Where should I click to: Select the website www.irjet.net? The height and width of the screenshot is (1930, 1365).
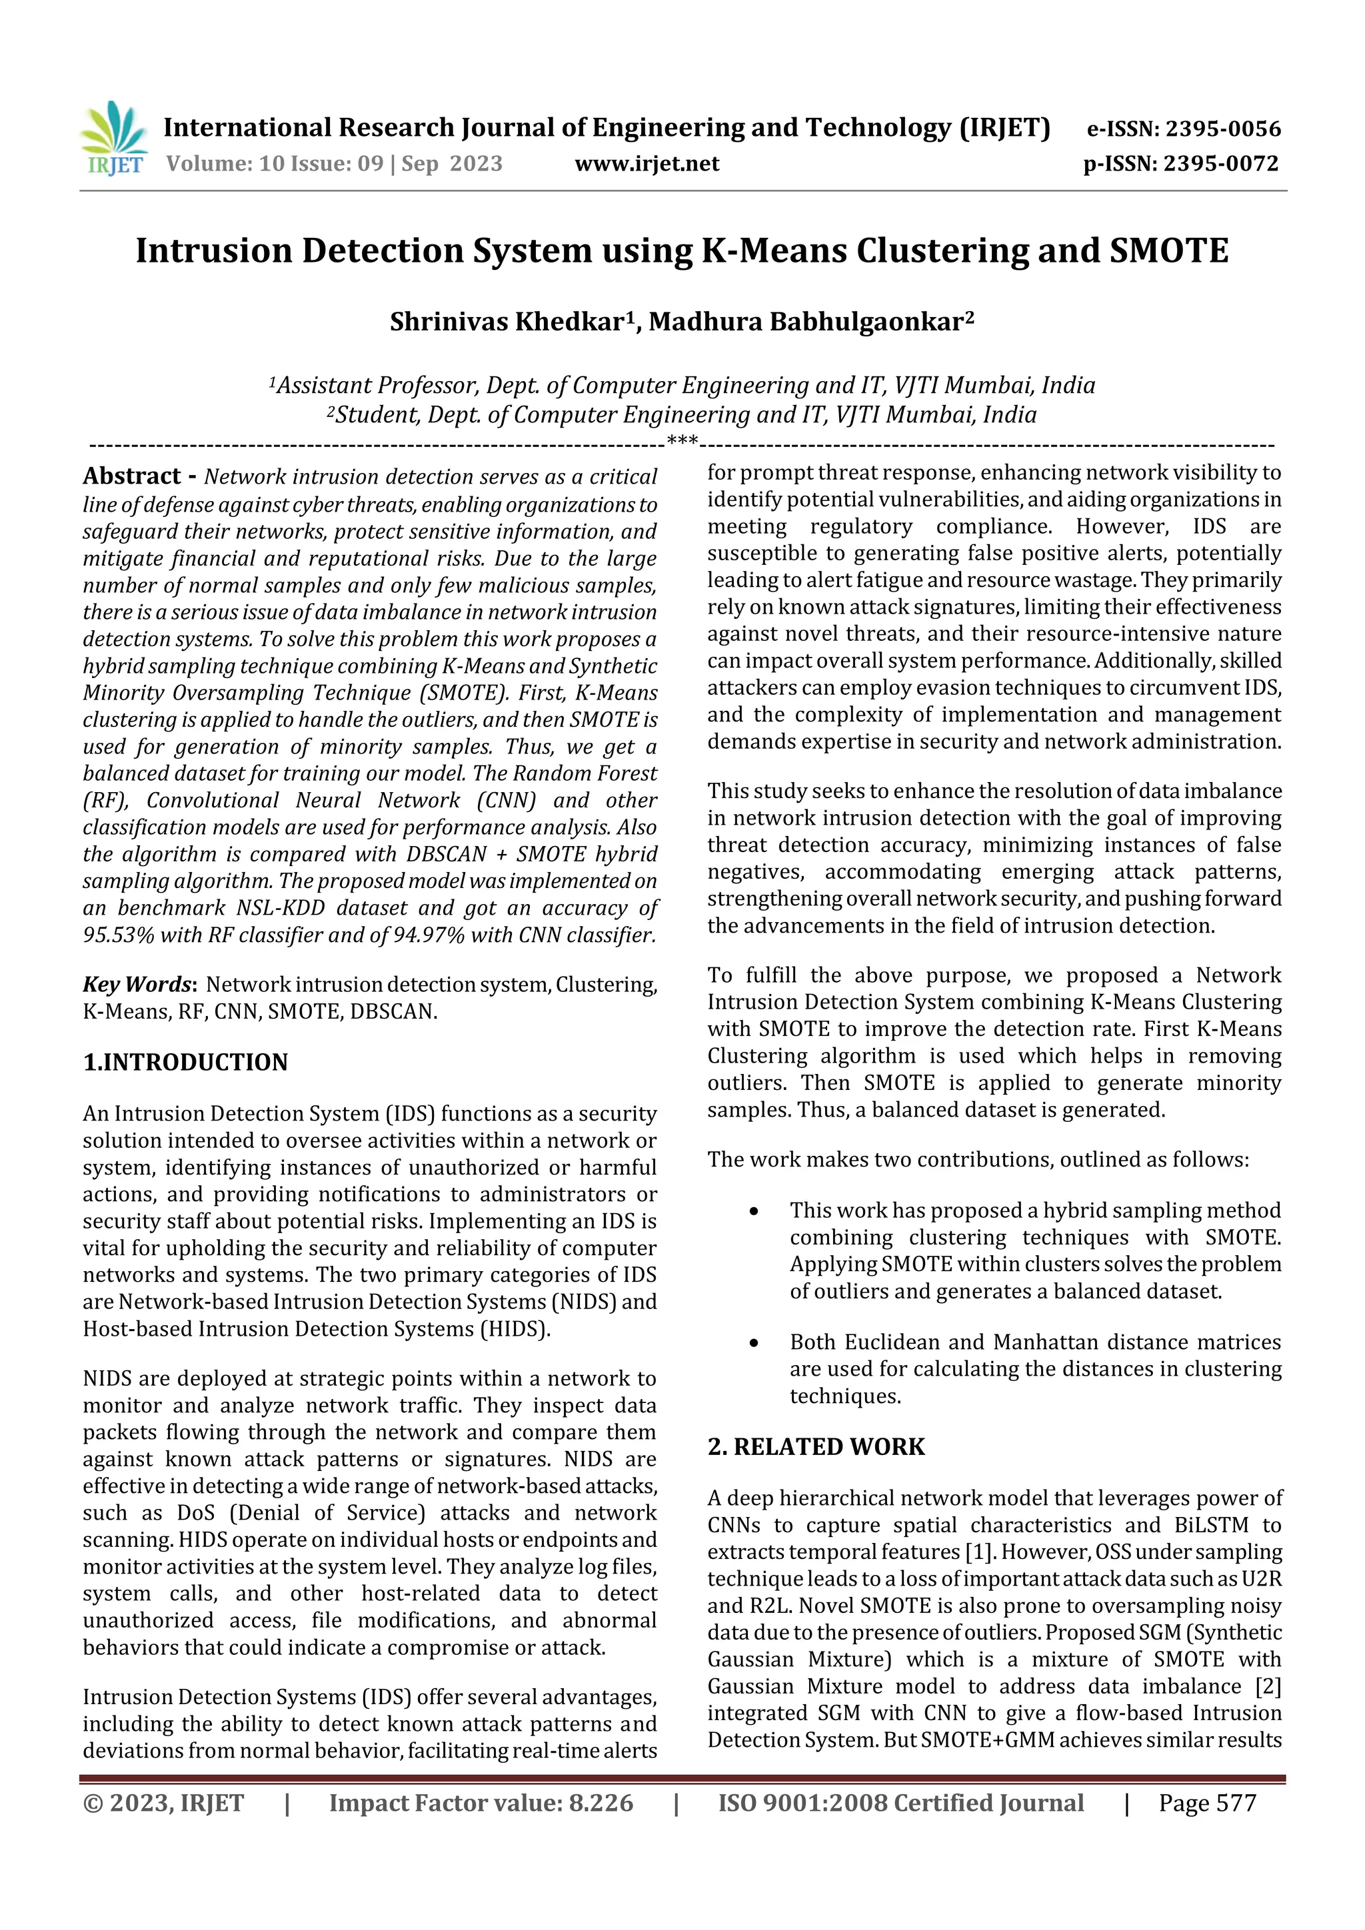pyautogui.click(x=647, y=164)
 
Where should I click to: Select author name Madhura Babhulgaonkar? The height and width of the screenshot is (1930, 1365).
pyautogui.click(x=806, y=322)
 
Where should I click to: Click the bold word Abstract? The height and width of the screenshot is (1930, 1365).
pyautogui.click(x=132, y=476)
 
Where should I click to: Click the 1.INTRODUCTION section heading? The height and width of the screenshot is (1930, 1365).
pyautogui.click(x=185, y=1063)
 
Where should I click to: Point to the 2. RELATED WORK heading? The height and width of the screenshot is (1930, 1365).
pyautogui.click(x=815, y=1446)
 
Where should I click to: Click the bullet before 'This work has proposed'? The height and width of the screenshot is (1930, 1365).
pyautogui.click(x=754, y=1211)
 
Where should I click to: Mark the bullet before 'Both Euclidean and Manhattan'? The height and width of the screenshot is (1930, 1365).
pyautogui.click(x=754, y=1343)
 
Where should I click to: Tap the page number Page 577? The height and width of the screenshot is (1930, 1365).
pyautogui.click(x=1206, y=1803)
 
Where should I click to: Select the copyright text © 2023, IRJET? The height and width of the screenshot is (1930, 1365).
pyautogui.click(x=163, y=1803)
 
